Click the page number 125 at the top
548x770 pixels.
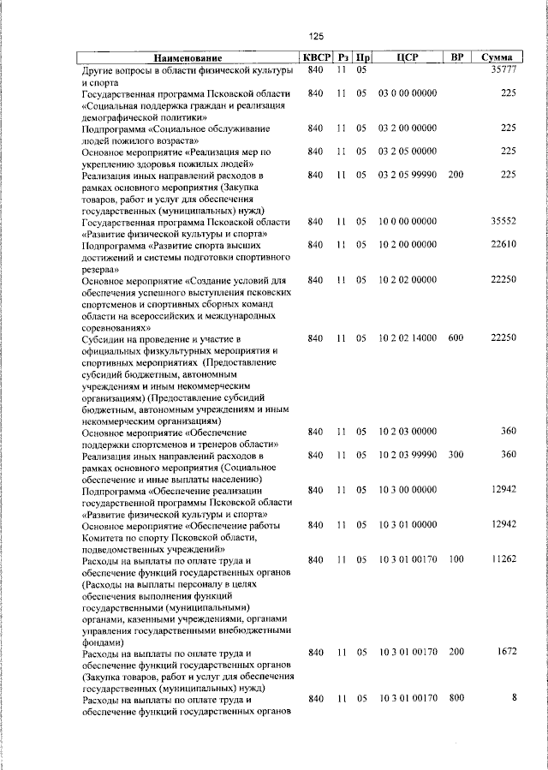316,36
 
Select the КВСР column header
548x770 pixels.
314,57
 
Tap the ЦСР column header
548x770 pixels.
407,57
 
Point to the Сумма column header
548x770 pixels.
497,57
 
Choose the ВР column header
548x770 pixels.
457,57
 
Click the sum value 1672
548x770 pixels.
504,653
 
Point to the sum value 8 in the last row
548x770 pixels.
514,699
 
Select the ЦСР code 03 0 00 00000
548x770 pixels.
407,93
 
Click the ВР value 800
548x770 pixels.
456,699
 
